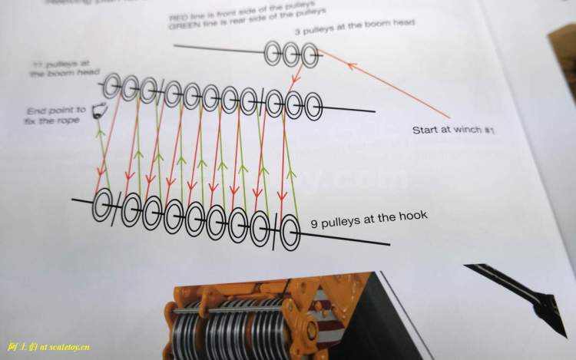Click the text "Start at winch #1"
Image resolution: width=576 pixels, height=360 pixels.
(452, 130)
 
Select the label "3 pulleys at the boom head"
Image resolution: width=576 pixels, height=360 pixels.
(355, 28)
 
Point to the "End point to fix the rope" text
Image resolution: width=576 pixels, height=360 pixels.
(56, 114)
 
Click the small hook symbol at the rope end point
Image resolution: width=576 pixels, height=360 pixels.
(98, 113)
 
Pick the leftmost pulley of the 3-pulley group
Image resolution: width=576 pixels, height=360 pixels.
(273, 53)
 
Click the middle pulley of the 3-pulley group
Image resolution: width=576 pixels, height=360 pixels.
(292, 54)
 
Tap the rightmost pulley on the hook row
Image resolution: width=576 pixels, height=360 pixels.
(289, 233)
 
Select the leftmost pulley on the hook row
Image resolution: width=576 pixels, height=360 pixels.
(102, 206)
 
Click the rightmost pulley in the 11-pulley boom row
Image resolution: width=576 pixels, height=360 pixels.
(313, 107)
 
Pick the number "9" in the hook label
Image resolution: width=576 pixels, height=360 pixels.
(315, 224)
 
